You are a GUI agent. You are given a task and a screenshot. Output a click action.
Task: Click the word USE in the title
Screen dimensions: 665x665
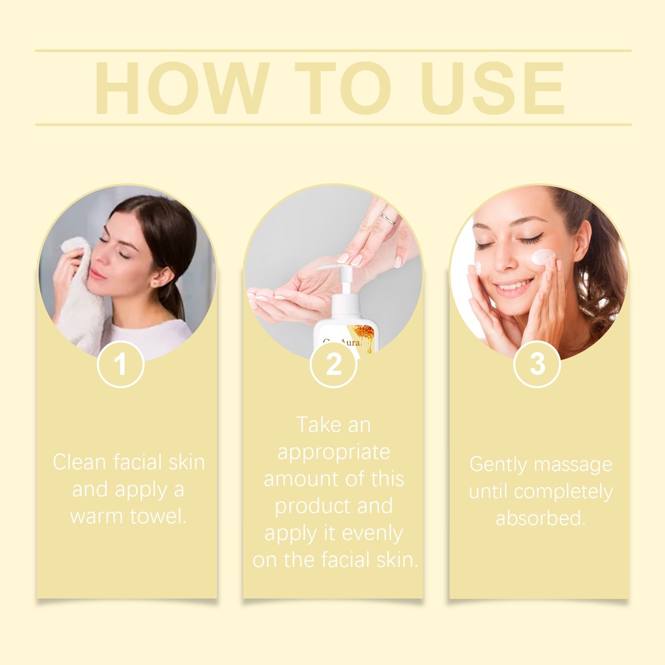492,88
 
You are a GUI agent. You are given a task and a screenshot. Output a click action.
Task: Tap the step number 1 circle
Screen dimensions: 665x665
121,364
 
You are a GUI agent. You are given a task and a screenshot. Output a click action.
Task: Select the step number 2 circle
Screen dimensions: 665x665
333,364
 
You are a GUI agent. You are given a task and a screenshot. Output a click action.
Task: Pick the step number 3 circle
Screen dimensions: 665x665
537,364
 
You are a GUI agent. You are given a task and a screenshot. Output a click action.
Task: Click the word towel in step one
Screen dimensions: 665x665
158,516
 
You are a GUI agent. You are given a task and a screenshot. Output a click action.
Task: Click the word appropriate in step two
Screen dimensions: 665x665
333,453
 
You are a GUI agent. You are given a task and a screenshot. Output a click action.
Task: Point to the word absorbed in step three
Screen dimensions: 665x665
541,518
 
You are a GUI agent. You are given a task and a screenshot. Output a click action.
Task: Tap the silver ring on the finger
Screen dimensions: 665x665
388,219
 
